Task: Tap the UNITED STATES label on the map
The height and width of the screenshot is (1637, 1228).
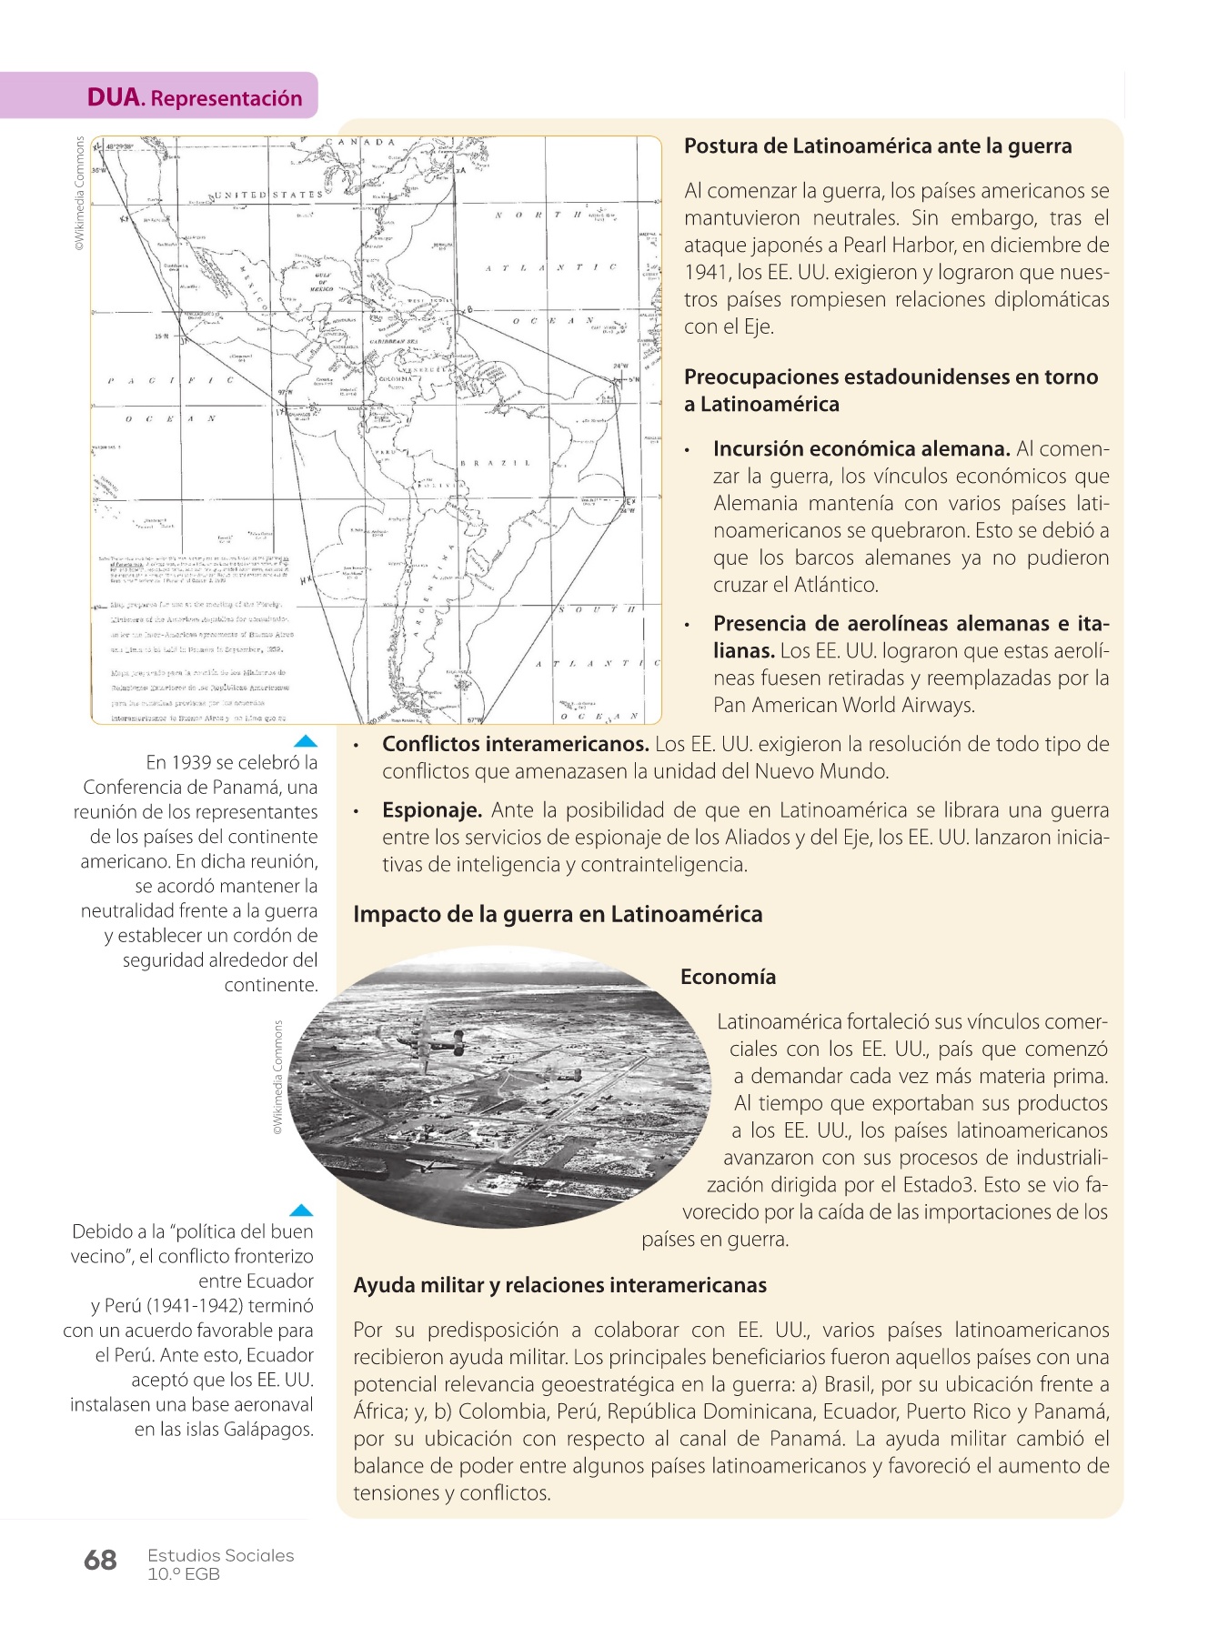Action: [267, 195]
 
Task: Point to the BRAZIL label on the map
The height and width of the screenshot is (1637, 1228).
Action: [496, 463]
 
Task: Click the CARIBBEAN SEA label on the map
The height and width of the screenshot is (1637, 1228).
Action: [393, 341]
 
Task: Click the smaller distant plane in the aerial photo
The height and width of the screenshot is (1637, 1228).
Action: [563, 1074]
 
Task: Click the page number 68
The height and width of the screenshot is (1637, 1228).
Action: [100, 1561]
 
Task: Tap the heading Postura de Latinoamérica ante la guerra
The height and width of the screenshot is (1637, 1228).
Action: [878, 146]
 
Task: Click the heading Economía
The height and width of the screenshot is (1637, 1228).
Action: [728, 977]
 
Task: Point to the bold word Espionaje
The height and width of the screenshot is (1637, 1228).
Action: [432, 810]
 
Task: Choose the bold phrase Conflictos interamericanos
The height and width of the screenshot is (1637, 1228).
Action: [515, 744]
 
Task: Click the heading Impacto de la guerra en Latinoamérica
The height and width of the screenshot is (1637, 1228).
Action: [558, 914]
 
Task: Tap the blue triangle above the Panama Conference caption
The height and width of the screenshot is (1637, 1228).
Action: [306, 740]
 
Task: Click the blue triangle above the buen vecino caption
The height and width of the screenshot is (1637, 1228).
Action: [301, 1210]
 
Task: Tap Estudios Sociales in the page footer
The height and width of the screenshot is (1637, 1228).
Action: [221, 1555]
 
